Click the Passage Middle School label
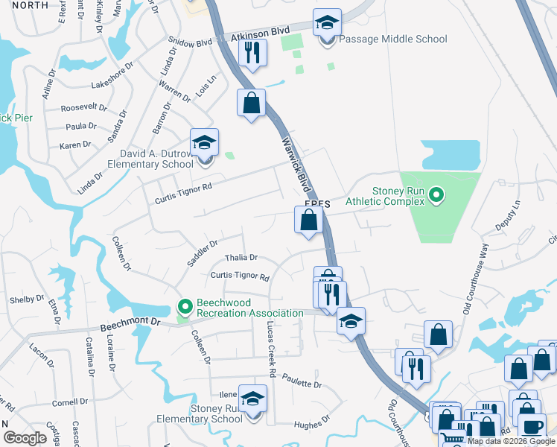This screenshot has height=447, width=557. pos(393,39)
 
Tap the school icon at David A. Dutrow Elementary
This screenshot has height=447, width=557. pos(204,145)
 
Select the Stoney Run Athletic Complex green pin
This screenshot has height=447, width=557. pos(438,196)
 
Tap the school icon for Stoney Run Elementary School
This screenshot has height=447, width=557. pos(253,400)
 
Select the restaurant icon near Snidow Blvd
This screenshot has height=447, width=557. pos(252,52)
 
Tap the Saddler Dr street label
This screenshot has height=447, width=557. pos(203,253)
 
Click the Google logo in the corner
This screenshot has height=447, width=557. pos(25,438)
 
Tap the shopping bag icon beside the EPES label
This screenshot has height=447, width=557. pos(308,221)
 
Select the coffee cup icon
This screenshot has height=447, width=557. pos(532,427)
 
